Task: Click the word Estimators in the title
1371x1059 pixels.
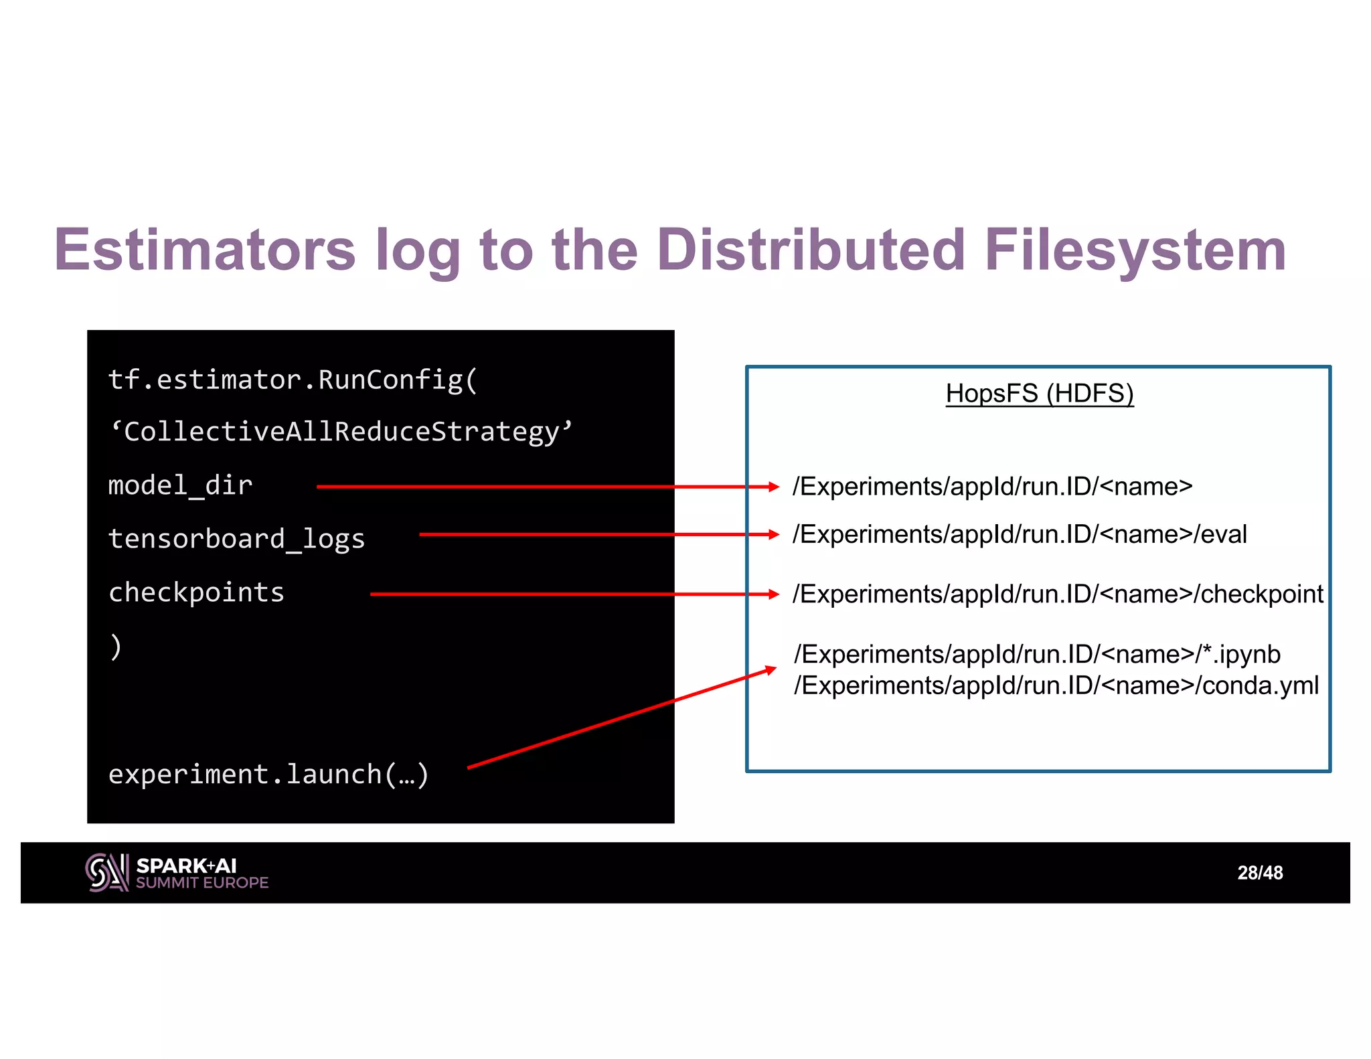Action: click(x=205, y=250)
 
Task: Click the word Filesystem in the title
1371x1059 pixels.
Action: click(x=1135, y=250)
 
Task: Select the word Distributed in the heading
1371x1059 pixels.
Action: click(x=811, y=250)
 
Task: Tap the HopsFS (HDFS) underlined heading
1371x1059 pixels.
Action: click(x=1039, y=394)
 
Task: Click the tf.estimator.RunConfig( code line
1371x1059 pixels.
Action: click(x=293, y=380)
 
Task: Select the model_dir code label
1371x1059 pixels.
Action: click(x=180, y=485)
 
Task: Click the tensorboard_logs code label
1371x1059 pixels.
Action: click(x=236, y=539)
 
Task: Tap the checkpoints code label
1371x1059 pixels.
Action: click(x=196, y=592)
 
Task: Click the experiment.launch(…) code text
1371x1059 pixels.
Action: click(x=268, y=775)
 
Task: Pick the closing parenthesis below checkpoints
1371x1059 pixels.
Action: click(x=116, y=647)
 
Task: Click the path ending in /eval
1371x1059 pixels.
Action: click(x=1019, y=535)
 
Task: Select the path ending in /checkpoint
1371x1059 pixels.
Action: click(x=1057, y=594)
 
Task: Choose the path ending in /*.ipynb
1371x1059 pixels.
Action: click(x=1036, y=654)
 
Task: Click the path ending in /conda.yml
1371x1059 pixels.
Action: click(x=1056, y=685)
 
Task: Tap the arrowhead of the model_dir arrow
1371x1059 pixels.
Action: click(x=773, y=487)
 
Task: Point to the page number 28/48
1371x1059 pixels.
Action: click(x=1260, y=873)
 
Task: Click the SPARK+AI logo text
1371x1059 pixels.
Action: click(x=186, y=866)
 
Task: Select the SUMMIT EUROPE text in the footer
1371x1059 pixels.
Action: click(x=201, y=883)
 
